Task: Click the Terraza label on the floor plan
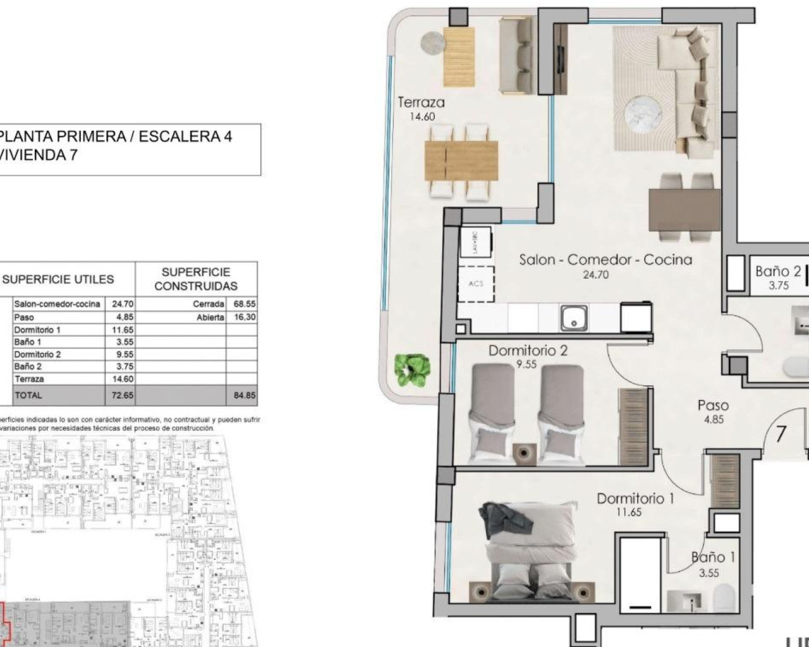click(421, 102)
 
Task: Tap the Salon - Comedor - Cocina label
click(605, 260)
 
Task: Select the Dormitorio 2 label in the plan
click(528, 351)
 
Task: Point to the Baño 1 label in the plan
click(713, 558)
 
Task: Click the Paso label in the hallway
click(713, 406)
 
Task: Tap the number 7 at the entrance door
click(781, 435)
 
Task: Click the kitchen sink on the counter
click(573, 317)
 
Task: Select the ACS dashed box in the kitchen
click(475, 284)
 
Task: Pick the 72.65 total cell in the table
click(119, 396)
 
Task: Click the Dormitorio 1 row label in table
click(37, 330)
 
